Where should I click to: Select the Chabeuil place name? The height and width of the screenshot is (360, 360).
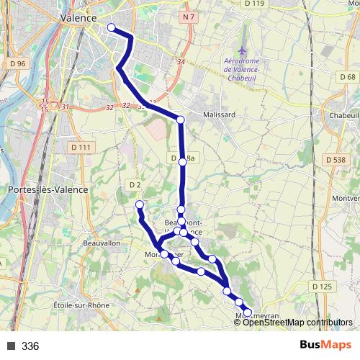pyautogui.click(x=344, y=114)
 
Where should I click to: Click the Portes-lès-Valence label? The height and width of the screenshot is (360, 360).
pyautogui.click(x=48, y=189)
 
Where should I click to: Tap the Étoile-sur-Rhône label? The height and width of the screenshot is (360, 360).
pyautogui.click(x=81, y=305)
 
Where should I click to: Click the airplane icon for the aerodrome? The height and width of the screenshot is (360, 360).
pyautogui.click(x=243, y=51)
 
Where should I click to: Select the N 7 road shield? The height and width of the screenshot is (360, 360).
pyautogui.click(x=189, y=16)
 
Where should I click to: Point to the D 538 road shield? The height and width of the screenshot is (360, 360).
pyautogui.click(x=335, y=159)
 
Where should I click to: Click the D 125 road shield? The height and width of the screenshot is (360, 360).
pyautogui.click(x=324, y=287)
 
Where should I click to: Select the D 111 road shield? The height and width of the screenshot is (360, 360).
pyautogui.click(x=81, y=147)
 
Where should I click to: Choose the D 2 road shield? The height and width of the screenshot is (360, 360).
pyautogui.click(x=135, y=185)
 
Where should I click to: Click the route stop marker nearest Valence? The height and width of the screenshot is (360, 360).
pyautogui.click(x=111, y=28)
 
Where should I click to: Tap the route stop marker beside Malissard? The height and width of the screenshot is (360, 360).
pyautogui.click(x=181, y=120)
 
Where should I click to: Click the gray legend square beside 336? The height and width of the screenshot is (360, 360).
pyautogui.click(x=10, y=346)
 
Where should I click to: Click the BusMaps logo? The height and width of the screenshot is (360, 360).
pyautogui.click(x=325, y=346)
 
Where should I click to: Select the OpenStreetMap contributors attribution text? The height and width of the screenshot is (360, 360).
pyautogui.click(x=297, y=322)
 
